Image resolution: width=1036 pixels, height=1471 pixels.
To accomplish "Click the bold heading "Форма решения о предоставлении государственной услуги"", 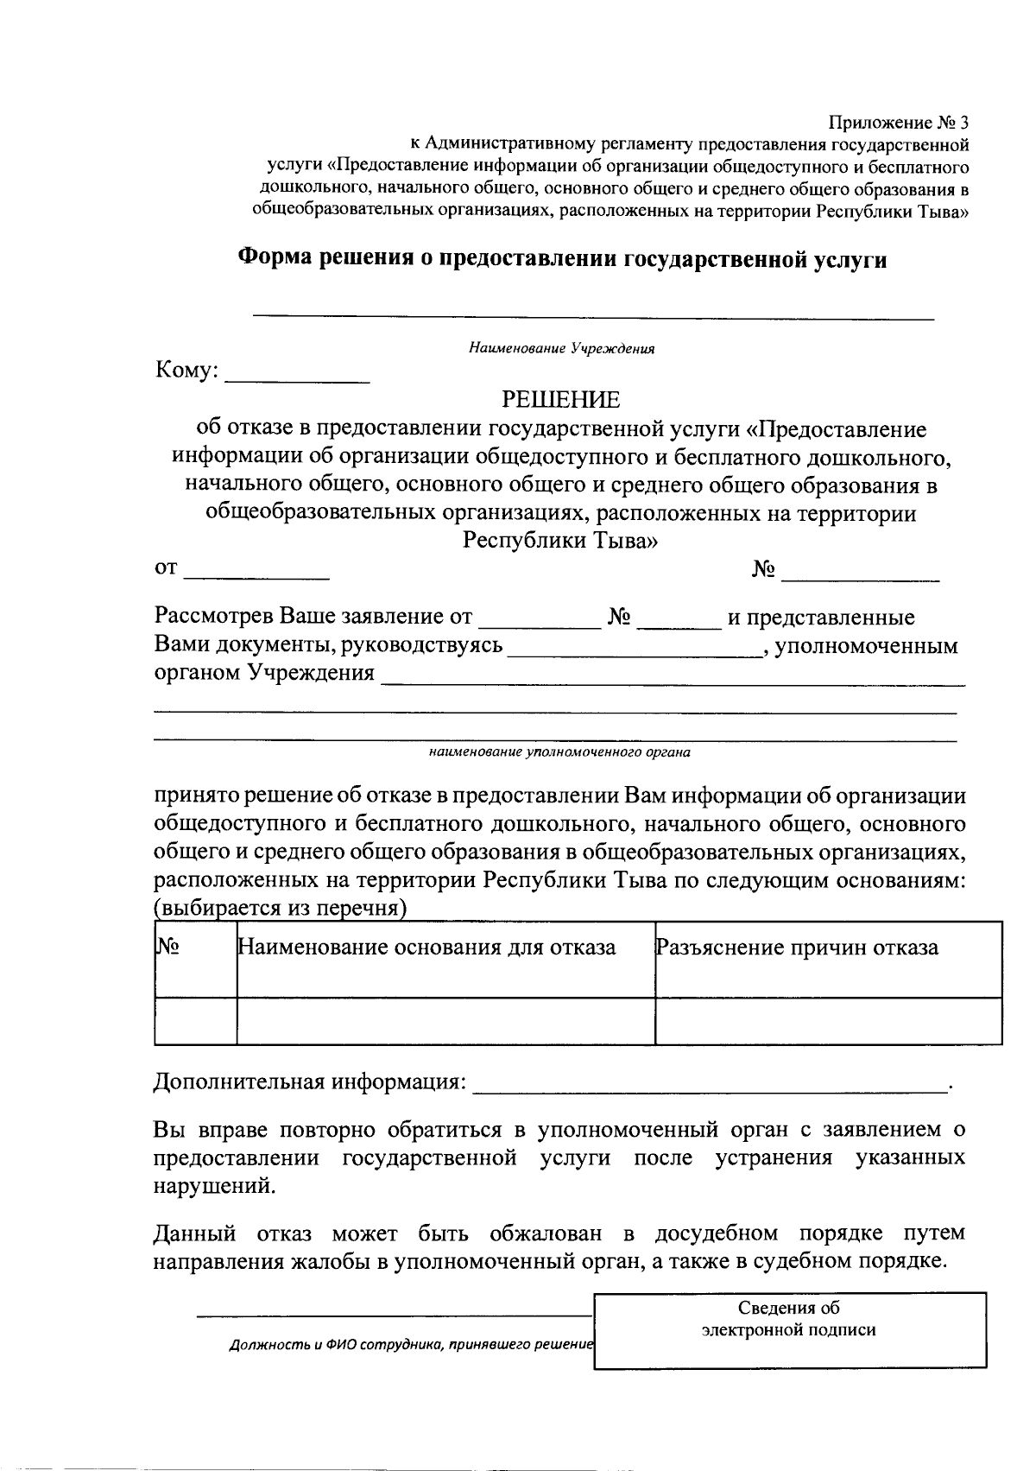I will click(x=562, y=258).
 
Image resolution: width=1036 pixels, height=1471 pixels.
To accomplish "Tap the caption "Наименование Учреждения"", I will click(x=562, y=349).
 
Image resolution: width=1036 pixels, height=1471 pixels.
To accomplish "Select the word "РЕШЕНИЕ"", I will click(x=561, y=400).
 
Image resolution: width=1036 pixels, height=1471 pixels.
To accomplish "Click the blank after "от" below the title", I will click(x=256, y=572).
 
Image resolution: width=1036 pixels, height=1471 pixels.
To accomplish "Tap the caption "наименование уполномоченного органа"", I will click(x=559, y=752).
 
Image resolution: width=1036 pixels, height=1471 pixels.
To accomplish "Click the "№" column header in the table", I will click(x=168, y=948).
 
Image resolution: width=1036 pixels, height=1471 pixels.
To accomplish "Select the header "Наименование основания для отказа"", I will click(x=426, y=948).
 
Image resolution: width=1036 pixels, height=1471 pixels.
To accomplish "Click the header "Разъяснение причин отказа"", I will click(x=797, y=948).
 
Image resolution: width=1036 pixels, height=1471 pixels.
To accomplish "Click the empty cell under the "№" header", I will click(x=195, y=1021).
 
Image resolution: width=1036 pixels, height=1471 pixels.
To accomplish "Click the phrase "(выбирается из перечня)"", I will click(x=281, y=910).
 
